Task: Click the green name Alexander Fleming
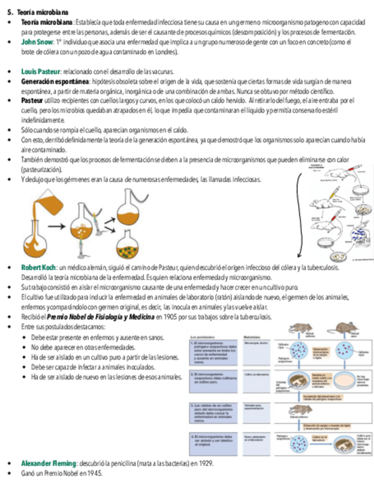(48, 463)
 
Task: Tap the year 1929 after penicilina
(206, 463)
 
